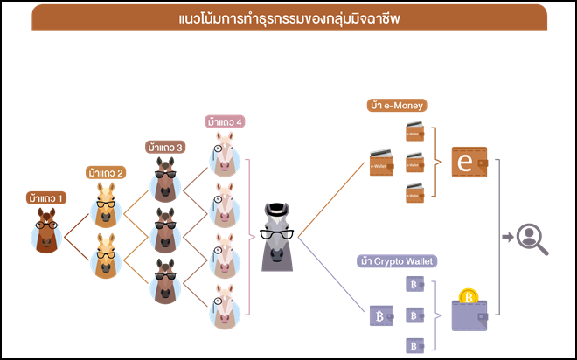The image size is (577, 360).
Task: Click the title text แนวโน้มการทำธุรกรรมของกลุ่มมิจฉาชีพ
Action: point(288,17)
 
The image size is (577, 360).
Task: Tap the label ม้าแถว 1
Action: point(49,197)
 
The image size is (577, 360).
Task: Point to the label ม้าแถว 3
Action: point(164,147)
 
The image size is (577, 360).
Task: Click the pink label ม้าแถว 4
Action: point(225,121)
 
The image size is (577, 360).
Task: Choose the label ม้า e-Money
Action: point(398,106)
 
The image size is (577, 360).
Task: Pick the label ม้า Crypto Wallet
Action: point(397,260)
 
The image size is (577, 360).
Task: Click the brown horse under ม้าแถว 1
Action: point(47,231)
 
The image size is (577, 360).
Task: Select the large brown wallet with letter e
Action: point(469,163)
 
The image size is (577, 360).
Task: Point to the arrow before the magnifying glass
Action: point(507,236)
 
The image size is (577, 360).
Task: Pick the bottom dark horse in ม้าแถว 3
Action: point(164,281)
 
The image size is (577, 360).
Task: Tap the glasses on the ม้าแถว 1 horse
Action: point(47,225)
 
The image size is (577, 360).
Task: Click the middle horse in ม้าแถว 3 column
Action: point(164,232)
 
